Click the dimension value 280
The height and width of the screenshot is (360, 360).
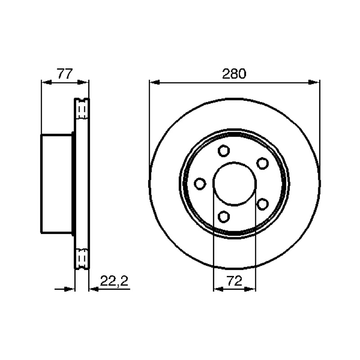pyautogui.click(x=234, y=74)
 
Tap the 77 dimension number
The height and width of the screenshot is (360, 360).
pyautogui.click(x=65, y=74)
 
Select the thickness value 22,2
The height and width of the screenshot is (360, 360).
pyautogui.click(x=114, y=281)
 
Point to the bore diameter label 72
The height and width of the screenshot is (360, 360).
pyautogui.click(x=234, y=281)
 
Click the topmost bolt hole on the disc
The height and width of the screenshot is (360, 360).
pyautogui.click(x=224, y=151)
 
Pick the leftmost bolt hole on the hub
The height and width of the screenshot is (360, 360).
pyautogui.click(x=200, y=184)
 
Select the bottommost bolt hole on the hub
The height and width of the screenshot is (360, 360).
pyautogui.click(x=224, y=216)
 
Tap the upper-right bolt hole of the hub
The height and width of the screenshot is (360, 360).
pyautogui.click(x=262, y=163)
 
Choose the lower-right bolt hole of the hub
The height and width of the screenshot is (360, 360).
pyautogui.click(x=262, y=204)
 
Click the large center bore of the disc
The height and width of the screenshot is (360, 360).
pyautogui.click(x=234, y=184)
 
